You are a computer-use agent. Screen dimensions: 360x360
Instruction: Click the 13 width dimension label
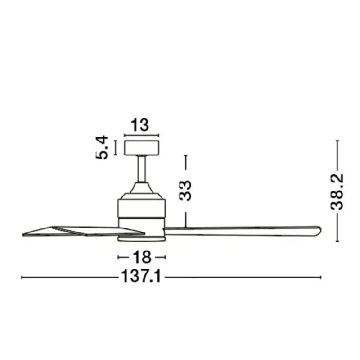click(x=139, y=125)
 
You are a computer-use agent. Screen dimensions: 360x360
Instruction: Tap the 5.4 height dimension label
click(x=102, y=148)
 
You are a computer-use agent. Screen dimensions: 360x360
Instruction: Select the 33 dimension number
click(x=185, y=191)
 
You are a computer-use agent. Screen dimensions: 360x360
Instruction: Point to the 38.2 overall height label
click(x=337, y=192)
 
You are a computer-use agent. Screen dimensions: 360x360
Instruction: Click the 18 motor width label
click(x=142, y=257)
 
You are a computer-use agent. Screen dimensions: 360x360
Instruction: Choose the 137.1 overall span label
click(x=141, y=276)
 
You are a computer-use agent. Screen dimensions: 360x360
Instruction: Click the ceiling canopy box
click(x=142, y=148)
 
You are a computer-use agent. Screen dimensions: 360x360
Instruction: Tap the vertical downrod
click(x=142, y=169)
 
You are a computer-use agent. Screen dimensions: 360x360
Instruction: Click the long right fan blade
click(x=242, y=231)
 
